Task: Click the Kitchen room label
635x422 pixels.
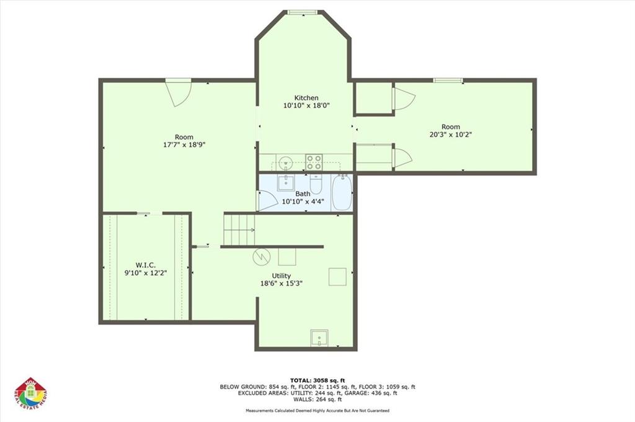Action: pyautogui.click(x=306, y=98)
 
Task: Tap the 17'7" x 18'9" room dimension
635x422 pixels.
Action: pyautogui.click(x=184, y=144)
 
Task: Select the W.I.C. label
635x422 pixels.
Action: pyautogui.click(x=144, y=265)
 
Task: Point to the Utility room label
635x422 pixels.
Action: pyautogui.click(x=281, y=276)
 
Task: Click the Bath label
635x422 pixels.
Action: pyautogui.click(x=303, y=194)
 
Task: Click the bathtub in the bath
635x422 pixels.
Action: pyautogui.click(x=342, y=193)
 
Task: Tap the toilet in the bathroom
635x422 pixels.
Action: pyautogui.click(x=316, y=185)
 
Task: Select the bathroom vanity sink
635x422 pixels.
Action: pyautogui.click(x=285, y=183)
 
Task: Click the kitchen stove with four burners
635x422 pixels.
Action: pyautogui.click(x=314, y=162)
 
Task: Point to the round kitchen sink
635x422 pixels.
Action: pyautogui.click(x=285, y=163)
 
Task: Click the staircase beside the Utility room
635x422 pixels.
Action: pyautogui.click(x=239, y=229)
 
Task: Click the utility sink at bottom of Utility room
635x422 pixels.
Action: pyautogui.click(x=320, y=338)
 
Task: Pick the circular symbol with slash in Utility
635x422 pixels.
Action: pyautogui.click(x=260, y=255)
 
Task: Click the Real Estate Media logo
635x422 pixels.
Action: pyautogui.click(x=31, y=394)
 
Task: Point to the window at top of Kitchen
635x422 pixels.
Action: pyautogui.click(x=304, y=12)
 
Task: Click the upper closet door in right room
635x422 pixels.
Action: pyautogui.click(x=402, y=99)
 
